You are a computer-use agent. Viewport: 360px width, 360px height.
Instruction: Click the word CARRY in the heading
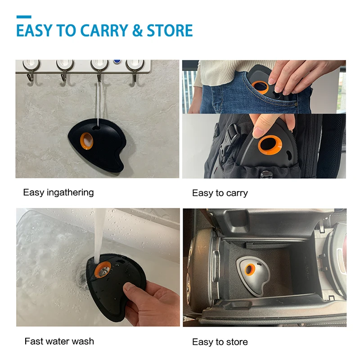point(104,30)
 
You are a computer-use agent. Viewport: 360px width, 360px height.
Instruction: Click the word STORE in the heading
point(170,30)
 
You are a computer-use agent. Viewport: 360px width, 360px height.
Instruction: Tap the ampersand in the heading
point(138,30)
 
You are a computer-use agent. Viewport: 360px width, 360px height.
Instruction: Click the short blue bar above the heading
point(24,17)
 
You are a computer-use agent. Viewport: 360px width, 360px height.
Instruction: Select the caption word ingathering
point(70,193)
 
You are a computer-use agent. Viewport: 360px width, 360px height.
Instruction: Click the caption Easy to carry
point(220,193)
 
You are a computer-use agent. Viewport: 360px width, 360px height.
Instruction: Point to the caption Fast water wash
point(59,342)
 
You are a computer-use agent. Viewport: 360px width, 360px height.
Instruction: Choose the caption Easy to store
point(220,342)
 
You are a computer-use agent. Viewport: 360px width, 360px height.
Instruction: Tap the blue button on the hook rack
point(117,62)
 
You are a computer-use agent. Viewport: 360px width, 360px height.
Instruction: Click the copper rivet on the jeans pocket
point(296,104)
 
